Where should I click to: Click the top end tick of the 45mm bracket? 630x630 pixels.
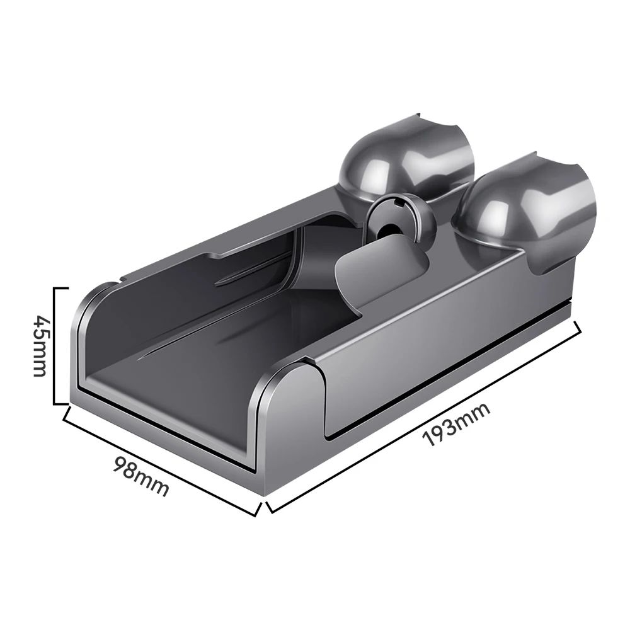click(60, 289)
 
